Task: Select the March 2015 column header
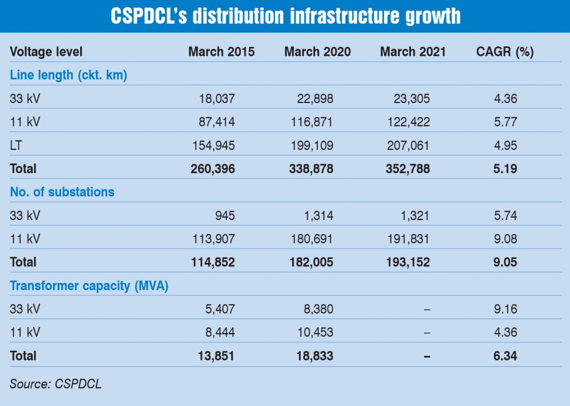coord(221,52)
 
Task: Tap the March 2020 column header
coord(317,52)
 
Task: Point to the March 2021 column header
coord(413,52)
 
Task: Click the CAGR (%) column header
coord(505,52)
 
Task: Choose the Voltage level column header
coord(46,52)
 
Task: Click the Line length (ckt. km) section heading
coord(68,75)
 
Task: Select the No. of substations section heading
coord(62,192)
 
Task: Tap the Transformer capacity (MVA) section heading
coord(89,286)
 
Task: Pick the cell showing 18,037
coord(217,99)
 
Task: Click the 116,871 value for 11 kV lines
coord(312,122)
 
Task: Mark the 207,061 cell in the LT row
coord(409,145)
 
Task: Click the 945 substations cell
coord(226,216)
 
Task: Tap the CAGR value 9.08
coord(505,239)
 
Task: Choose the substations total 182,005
coord(310,262)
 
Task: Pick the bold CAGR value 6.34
coord(505,356)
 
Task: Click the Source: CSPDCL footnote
coord(56,384)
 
